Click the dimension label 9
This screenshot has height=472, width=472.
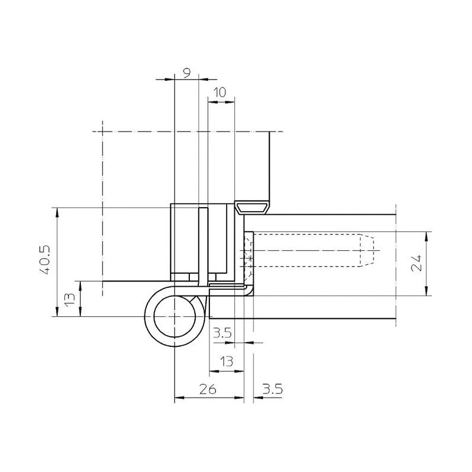[187, 73]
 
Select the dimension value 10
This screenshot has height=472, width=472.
[221, 93]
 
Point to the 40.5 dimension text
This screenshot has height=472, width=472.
[45, 260]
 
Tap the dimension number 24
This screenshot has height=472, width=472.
[417, 263]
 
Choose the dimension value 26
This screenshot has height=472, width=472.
[208, 389]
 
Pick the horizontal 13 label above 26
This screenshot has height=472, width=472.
[227, 361]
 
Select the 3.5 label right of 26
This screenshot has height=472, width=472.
[273, 389]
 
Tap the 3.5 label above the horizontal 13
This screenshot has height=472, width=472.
[223, 333]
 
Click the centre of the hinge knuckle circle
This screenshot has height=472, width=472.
[175, 316]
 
